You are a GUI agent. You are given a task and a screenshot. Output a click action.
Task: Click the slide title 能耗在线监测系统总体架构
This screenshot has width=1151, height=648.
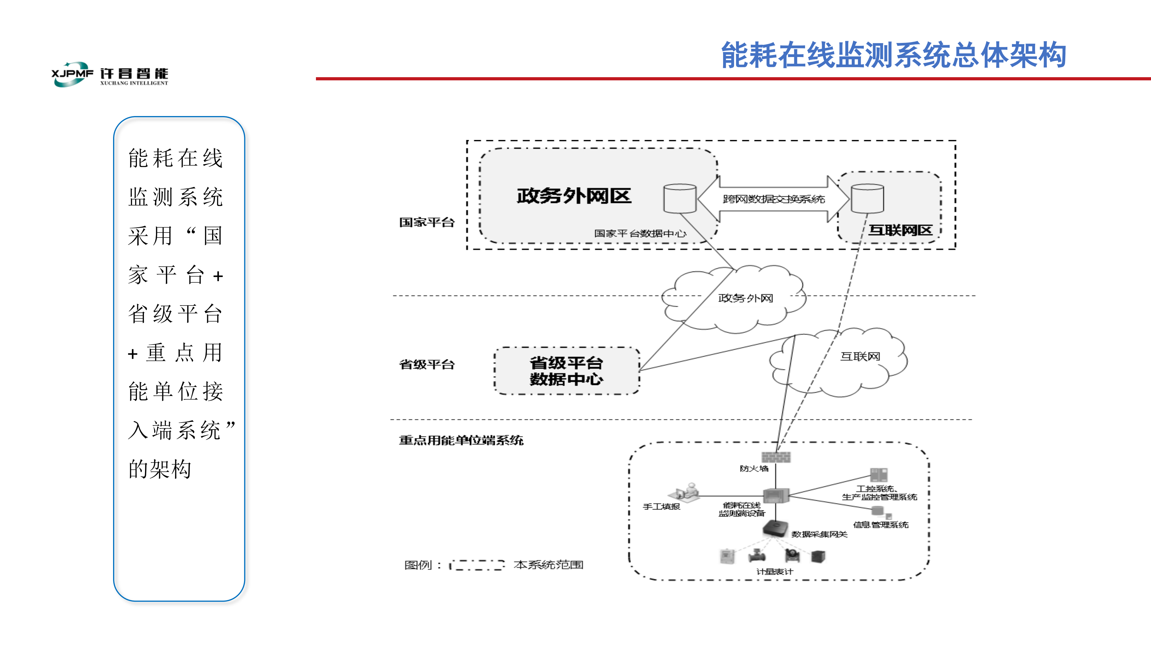click(894, 55)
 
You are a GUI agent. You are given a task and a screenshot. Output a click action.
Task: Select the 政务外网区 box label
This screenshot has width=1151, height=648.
click(574, 196)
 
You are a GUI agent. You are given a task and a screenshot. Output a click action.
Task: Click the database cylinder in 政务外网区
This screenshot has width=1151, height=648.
click(680, 198)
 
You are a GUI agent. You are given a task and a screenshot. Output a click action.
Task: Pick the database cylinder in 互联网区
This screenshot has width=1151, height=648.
click(867, 198)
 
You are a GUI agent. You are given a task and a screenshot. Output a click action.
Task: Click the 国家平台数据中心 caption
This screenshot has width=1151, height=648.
click(640, 234)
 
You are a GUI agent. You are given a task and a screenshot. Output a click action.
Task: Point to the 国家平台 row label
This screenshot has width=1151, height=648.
click(427, 222)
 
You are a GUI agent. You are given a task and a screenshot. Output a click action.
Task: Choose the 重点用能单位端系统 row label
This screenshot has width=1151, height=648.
click(461, 441)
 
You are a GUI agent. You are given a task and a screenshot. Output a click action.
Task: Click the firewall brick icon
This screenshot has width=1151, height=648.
click(776, 456)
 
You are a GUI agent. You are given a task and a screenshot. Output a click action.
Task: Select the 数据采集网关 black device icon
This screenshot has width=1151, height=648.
click(775, 528)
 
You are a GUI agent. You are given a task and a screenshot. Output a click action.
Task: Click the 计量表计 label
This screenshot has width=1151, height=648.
click(774, 571)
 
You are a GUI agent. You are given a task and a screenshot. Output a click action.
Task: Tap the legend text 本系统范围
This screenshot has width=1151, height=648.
click(548, 565)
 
